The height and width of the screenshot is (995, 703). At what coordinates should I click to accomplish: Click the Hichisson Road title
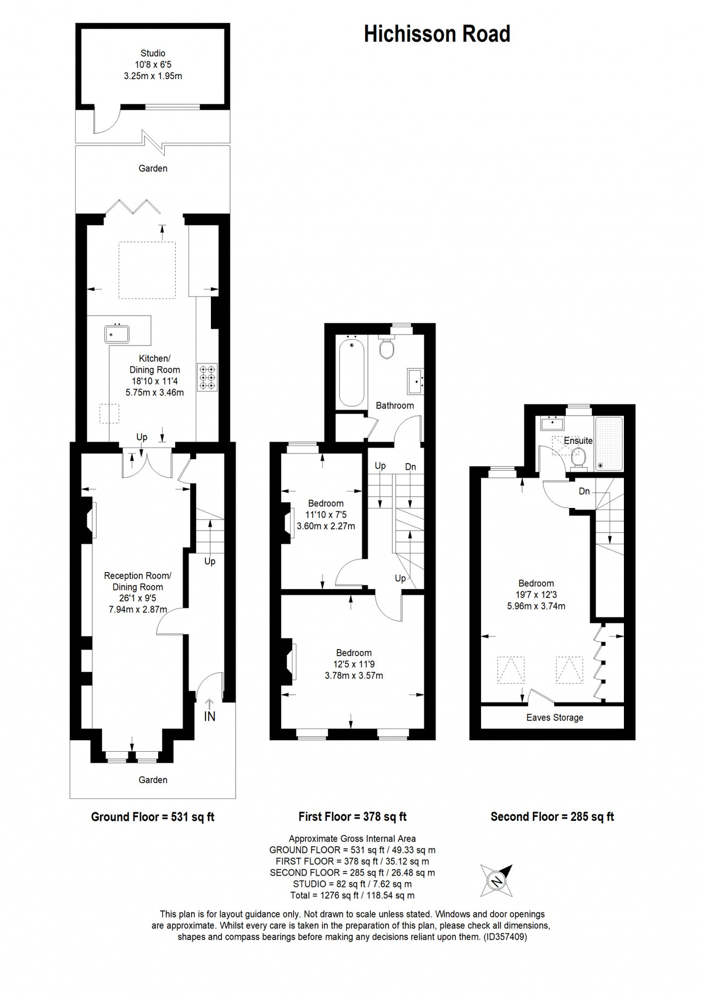437,34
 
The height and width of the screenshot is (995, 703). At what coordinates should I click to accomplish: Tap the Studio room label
153,53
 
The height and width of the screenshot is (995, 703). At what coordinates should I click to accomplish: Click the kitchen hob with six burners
208,377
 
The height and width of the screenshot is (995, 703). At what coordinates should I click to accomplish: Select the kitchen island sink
117,334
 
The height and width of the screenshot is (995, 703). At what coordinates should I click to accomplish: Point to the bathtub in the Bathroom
351,372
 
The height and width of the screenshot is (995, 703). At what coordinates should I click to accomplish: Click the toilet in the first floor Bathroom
387,347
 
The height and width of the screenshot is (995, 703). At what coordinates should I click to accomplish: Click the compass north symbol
496,881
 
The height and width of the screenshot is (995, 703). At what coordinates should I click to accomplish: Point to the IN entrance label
210,716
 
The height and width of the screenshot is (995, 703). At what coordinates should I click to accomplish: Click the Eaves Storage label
555,718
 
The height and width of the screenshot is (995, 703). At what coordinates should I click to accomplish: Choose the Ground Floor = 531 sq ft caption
153,817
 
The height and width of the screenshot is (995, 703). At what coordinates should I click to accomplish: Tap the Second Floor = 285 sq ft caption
552,817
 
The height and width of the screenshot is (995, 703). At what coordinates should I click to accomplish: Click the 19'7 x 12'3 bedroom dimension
536,595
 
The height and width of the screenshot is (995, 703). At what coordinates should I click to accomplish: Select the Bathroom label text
395,406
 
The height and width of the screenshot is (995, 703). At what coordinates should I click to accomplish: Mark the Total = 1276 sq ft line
352,896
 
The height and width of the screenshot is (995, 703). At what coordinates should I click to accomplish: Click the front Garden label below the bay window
153,780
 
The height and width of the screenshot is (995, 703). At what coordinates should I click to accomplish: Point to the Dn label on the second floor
584,491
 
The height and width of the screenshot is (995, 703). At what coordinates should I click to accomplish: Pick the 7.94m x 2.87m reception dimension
138,610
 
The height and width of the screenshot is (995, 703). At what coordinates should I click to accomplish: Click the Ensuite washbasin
551,424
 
